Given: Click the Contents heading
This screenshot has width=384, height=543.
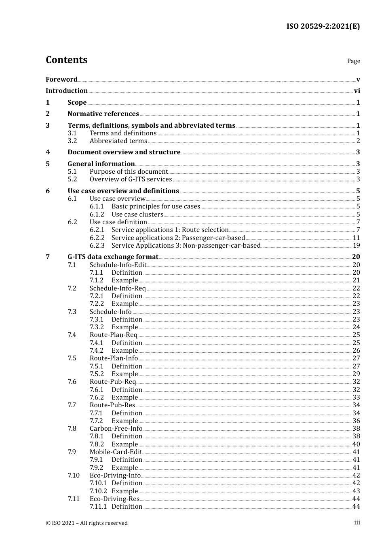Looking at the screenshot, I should (x=66, y=60).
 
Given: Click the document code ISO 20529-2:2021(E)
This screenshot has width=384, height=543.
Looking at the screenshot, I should (x=323, y=26).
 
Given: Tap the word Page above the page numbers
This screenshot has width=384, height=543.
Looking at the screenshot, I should (x=353, y=61).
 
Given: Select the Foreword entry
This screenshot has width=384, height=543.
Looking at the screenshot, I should (x=61, y=79).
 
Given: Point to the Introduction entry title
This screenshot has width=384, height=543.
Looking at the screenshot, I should (x=67, y=90).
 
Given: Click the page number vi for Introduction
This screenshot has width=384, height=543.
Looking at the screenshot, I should (x=357, y=90).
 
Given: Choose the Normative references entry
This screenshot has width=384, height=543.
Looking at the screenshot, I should (x=103, y=114).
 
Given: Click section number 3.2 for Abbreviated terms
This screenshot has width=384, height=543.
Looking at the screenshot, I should (x=72, y=141).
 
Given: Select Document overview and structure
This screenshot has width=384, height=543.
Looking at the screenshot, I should (x=124, y=152).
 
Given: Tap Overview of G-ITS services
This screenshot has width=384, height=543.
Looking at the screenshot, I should (x=131, y=179).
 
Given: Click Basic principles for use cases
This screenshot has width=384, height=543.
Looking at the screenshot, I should (x=156, y=206).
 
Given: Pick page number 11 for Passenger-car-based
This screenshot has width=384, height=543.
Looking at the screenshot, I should (x=356, y=238).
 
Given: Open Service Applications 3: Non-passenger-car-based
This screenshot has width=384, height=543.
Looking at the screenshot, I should (x=186, y=245).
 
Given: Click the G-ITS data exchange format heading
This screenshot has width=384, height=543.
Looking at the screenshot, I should (x=113, y=257).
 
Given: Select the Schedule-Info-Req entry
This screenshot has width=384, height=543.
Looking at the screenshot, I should (x=118, y=288).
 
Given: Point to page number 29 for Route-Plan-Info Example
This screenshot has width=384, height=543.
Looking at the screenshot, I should (x=356, y=374).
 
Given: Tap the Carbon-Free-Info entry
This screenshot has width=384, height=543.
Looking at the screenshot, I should (x=116, y=428).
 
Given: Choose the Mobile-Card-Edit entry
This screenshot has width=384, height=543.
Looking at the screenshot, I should (x=116, y=452).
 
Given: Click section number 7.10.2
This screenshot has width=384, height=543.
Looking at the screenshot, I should (x=98, y=491).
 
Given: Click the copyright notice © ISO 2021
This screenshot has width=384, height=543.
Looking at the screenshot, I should (x=87, y=523).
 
